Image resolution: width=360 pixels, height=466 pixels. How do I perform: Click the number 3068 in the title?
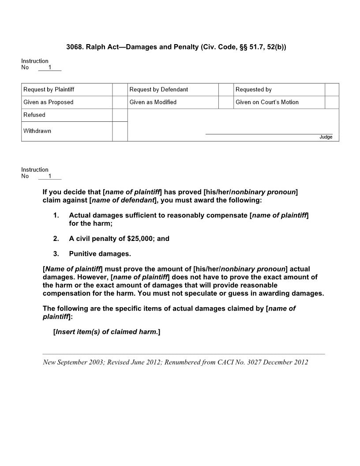click(74, 47)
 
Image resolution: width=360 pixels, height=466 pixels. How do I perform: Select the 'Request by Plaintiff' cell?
click(49, 90)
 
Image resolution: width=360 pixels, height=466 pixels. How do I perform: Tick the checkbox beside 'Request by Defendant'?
click(226, 90)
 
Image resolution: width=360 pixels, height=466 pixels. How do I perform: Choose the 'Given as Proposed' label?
click(49, 102)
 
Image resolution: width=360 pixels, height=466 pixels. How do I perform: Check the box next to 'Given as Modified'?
click(226, 102)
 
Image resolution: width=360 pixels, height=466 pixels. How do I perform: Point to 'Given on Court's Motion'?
click(267, 102)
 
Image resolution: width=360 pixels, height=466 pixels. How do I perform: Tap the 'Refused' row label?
click(34, 115)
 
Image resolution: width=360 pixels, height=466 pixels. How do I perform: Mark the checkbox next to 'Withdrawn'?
click(120, 131)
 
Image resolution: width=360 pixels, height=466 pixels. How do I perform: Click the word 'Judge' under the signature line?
click(326, 137)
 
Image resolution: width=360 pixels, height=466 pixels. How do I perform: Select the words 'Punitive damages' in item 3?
click(100, 254)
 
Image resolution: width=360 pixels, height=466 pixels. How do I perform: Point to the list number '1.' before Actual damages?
click(56, 215)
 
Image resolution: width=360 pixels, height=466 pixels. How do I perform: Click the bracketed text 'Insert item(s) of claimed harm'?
click(106, 332)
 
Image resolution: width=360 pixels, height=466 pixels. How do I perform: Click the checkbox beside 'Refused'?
click(120, 115)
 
